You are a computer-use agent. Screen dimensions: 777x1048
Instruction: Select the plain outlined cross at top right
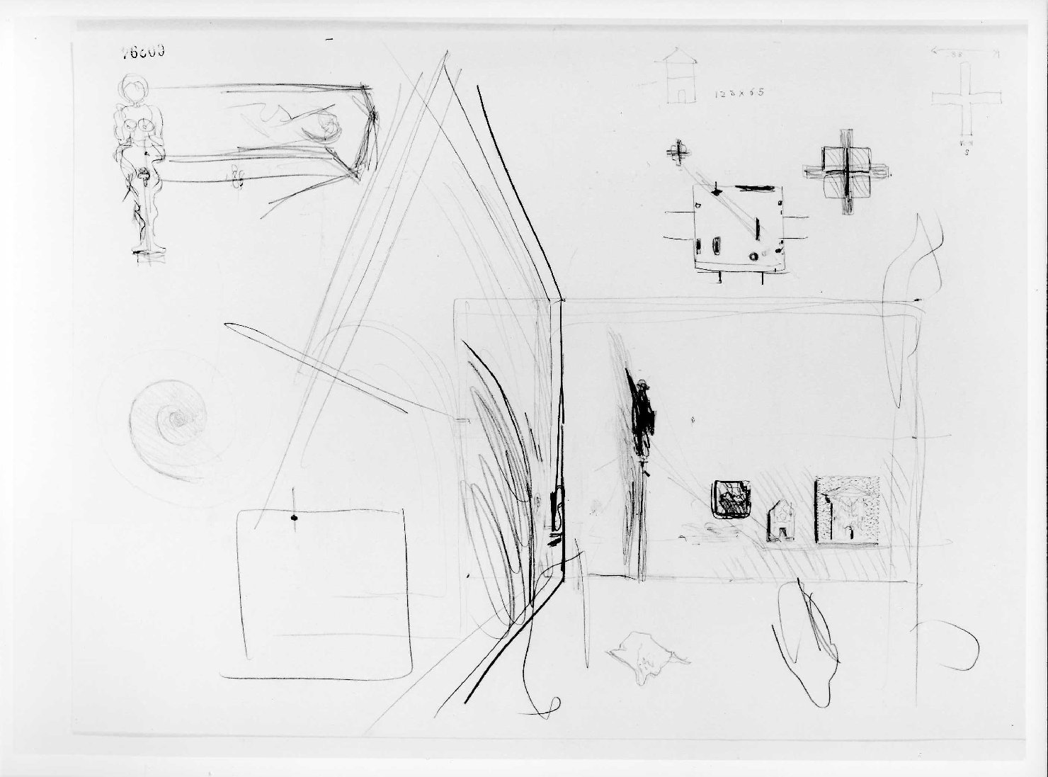(966, 99)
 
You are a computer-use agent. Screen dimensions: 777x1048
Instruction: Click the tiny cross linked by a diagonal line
(678, 151)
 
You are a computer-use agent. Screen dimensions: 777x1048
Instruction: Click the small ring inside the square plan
(753, 256)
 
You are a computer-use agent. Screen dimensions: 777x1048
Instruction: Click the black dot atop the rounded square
(292, 519)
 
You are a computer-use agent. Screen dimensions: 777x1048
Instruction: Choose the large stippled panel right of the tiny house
(847, 510)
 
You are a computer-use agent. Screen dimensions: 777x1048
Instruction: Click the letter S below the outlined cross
(967, 152)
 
